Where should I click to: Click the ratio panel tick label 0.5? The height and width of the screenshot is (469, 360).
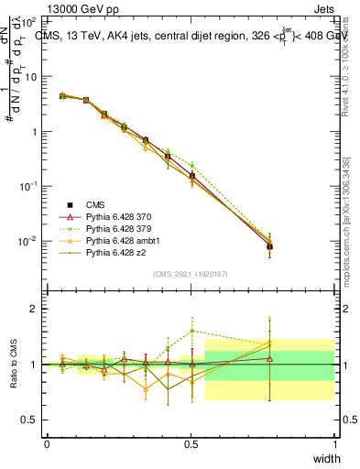pyautogui.click(x=29, y=420)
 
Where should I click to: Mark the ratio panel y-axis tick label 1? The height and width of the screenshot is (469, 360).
pyautogui.click(x=34, y=365)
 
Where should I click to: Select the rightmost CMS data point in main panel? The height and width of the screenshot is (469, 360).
pyautogui.click(x=269, y=246)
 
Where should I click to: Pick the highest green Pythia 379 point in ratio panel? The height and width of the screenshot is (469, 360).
pyautogui.click(x=191, y=331)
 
